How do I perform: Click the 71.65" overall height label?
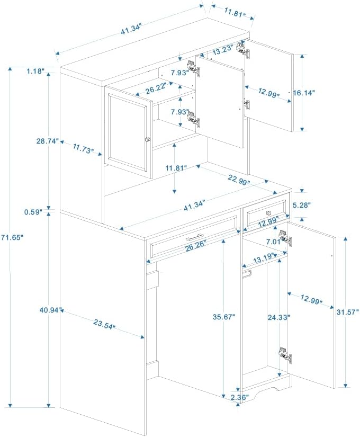[12, 237]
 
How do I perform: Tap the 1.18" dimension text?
[35, 72]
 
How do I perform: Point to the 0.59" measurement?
[33, 212]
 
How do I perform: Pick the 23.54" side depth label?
[104, 324]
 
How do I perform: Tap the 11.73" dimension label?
[82, 148]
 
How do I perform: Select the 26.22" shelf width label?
[156, 88]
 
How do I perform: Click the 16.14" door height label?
[304, 93]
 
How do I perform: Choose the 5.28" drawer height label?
[301, 206]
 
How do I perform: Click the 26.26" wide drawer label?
[196, 245]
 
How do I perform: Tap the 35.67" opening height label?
[224, 317]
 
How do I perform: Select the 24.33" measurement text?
[279, 317]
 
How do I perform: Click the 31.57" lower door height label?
[347, 312]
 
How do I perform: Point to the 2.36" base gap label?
[239, 397]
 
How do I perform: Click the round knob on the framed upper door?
[148, 139]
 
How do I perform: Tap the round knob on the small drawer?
[268, 213]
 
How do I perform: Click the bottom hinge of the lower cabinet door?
[285, 355]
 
